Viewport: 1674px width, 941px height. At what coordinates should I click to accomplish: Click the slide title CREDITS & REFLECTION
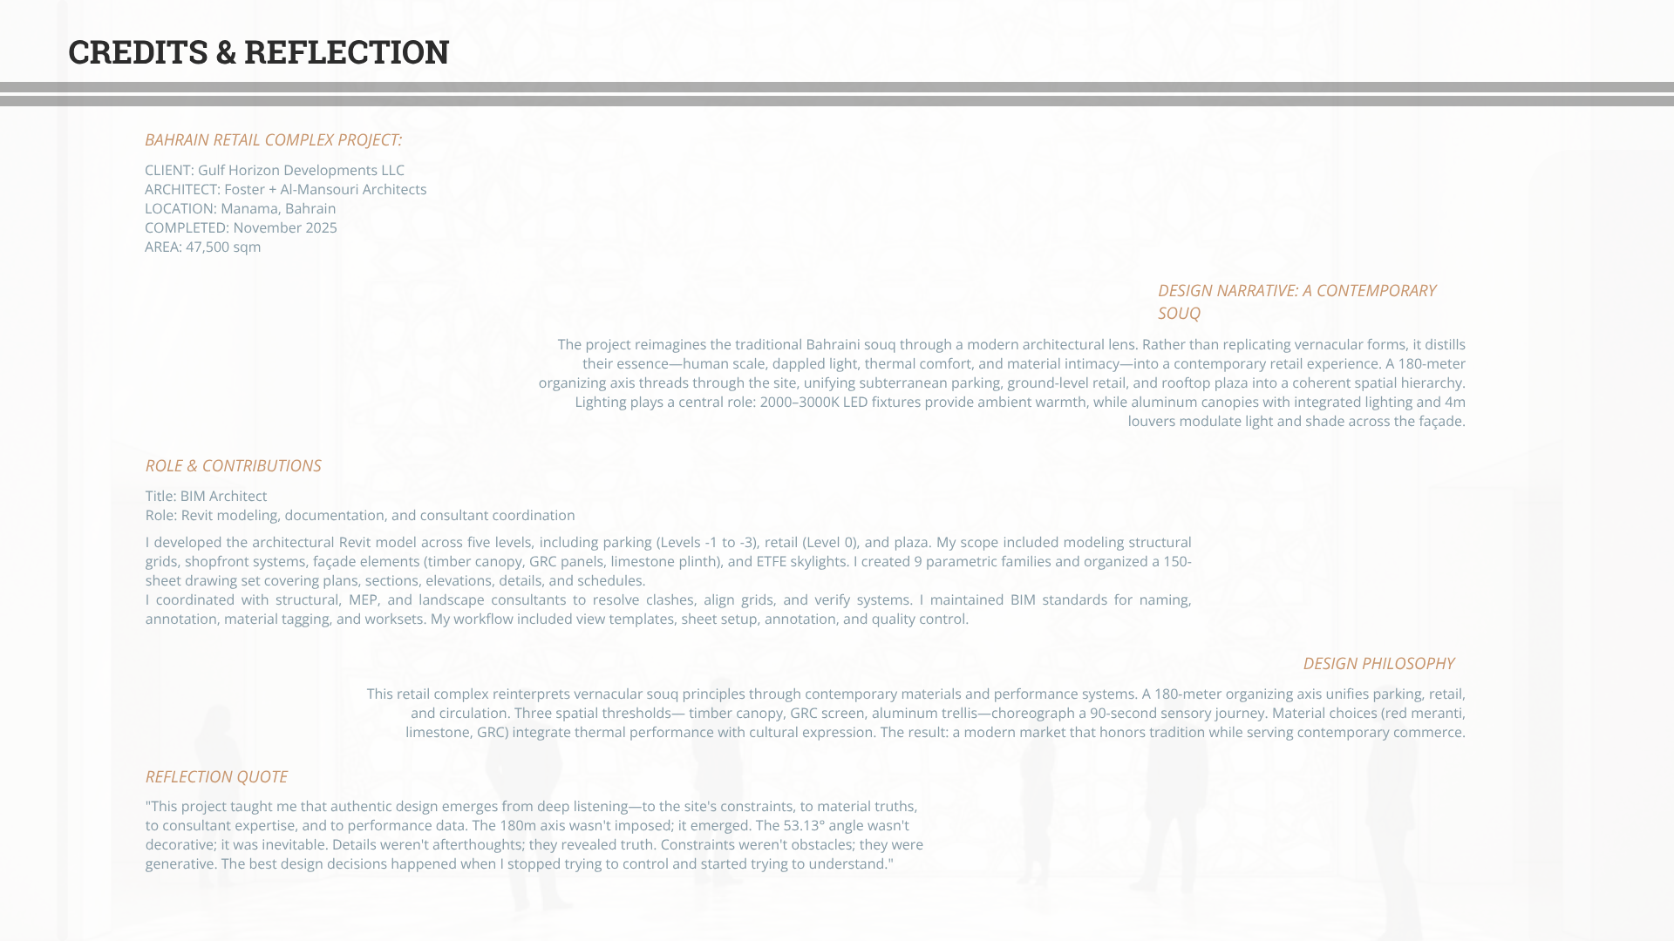click(x=258, y=52)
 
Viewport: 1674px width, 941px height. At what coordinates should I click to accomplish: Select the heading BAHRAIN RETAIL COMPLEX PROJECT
click(x=273, y=140)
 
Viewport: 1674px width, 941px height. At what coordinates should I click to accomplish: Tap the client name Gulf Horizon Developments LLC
click(x=301, y=171)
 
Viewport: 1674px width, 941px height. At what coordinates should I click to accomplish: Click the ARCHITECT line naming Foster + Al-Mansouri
click(x=285, y=190)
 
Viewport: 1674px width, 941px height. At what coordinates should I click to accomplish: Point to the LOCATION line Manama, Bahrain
click(x=240, y=209)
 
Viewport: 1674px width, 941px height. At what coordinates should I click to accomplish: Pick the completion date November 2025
click(x=284, y=228)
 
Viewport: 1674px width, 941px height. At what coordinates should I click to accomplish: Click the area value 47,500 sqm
click(x=223, y=247)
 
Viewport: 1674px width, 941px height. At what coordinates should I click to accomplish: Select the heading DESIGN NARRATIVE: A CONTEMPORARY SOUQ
click(x=1296, y=301)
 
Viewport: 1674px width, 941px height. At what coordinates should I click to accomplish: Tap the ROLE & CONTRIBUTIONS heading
click(x=233, y=466)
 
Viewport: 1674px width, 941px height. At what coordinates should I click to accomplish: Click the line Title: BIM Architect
click(x=206, y=497)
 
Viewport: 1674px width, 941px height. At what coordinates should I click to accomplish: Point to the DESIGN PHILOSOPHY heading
click(x=1378, y=664)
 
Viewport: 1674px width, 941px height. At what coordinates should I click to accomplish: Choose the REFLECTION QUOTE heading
click(x=216, y=777)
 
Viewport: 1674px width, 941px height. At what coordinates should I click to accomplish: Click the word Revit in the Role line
click(x=197, y=516)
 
